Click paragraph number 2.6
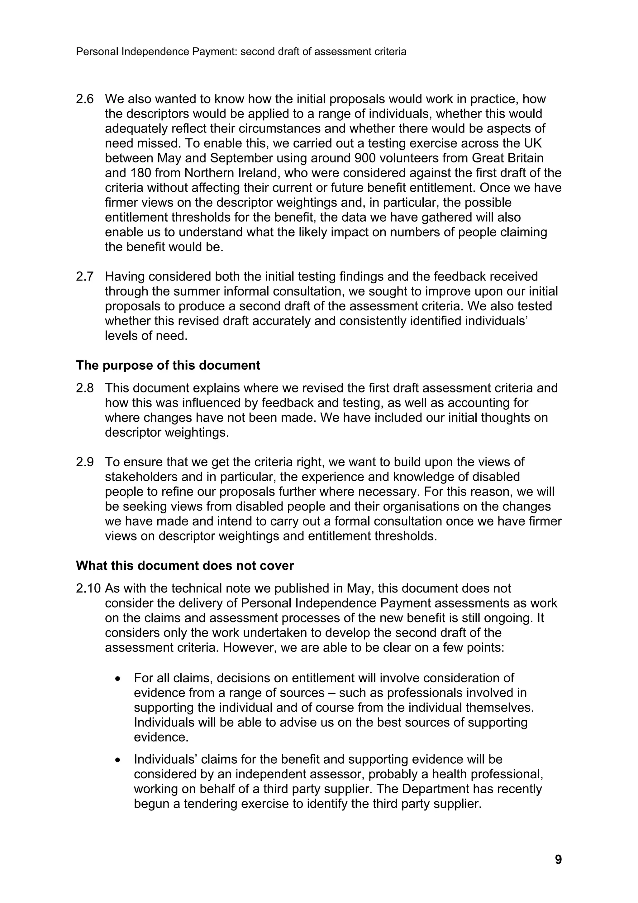point(85,99)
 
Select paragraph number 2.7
point(85,276)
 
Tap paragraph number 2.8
point(85,388)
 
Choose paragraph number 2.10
point(88,588)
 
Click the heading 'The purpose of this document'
point(168,365)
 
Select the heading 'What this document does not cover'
point(185,565)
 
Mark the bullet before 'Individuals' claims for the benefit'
point(118,760)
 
